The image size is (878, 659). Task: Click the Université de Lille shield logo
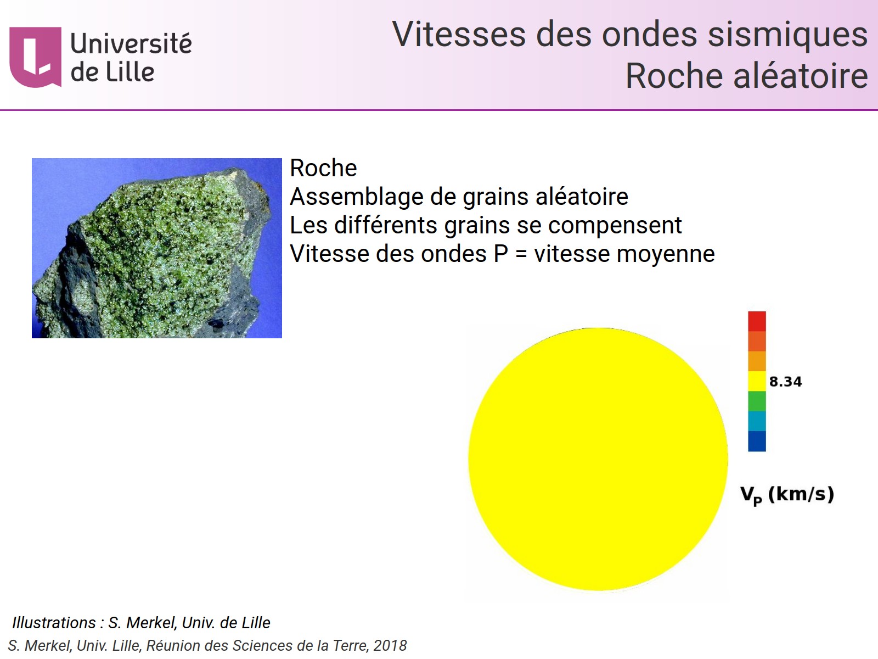[x=35, y=57]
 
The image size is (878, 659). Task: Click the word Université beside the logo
[x=131, y=44]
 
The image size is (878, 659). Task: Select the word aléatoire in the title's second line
[x=801, y=76]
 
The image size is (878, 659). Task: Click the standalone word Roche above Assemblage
[x=323, y=168]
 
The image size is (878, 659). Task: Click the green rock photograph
[x=156, y=248]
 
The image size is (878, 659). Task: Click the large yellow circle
[x=598, y=459]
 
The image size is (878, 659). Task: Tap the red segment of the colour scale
[x=757, y=321]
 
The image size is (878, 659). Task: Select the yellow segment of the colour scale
[x=757, y=381]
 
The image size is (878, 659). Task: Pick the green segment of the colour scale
[x=757, y=401]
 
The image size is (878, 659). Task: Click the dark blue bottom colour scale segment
[x=757, y=441]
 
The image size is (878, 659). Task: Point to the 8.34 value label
[x=785, y=382]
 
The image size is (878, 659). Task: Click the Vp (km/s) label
[x=787, y=494]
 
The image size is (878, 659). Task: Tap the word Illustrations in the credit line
[x=54, y=623]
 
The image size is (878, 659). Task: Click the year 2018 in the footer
[x=390, y=646]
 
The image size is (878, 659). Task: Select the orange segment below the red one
[x=757, y=341]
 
